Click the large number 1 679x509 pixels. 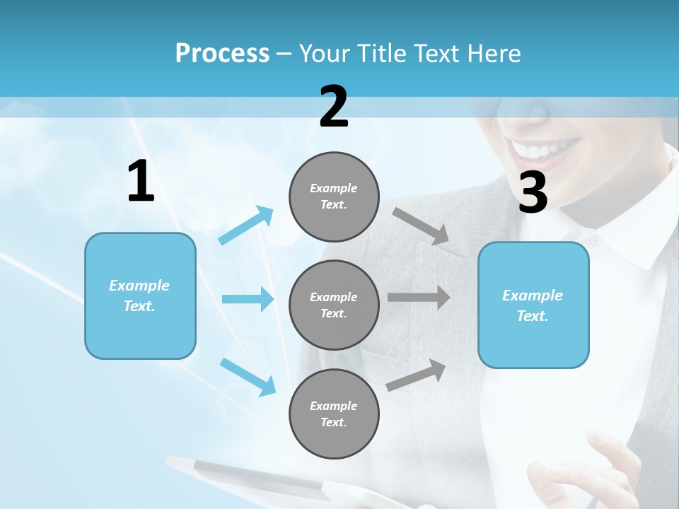(x=141, y=182)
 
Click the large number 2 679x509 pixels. (x=334, y=107)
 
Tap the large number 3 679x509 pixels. (x=533, y=193)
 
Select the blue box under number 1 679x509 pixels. (x=140, y=296)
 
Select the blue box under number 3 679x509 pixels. (x=533, y=305)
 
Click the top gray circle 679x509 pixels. (x=334, y=196)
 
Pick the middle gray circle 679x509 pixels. (x=334, y=305)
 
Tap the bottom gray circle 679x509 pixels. (x=334, y=414)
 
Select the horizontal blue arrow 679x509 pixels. (x=248, y=299)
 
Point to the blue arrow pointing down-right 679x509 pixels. (x=248, y=376)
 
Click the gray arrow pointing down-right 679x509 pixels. (x=422, y=227)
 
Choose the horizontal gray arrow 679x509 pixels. (x=419, y=297)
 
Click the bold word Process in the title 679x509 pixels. (x=222, y=53)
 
